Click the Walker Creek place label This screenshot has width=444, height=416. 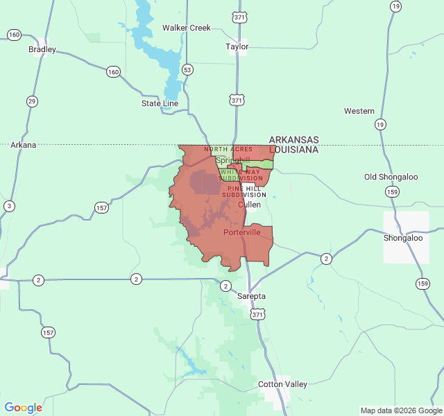[x=186, y=28]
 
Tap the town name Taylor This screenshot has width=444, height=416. [x=237, y=47]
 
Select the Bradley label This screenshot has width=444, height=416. [x=42, y=49]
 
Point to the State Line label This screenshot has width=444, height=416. [x=160, y=103]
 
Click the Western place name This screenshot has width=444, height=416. [x=359, y=111]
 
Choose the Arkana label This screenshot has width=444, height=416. [x=23, y=145]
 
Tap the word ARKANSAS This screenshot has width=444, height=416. [x=293, y=139]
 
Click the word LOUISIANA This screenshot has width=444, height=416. [x=293, y=149]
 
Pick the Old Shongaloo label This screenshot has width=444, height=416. [x=391, y=177]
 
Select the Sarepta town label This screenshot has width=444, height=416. [x=251, y=296]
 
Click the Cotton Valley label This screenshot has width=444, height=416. [x=282, y=384]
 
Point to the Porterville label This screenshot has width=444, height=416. [x=242, y=232]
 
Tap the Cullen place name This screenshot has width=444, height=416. [x=249, y=205]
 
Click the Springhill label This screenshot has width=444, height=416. [x=232, y=160]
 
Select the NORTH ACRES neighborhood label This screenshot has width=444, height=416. [x=228, y=149]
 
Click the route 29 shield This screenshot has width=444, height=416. [x=32, y=101]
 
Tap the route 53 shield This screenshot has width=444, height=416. [x=187, y=69]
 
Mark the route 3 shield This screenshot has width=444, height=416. [x=8, y=206]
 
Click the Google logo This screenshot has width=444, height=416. [x=24, y=408]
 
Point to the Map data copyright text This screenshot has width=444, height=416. [x=400, y=410]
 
